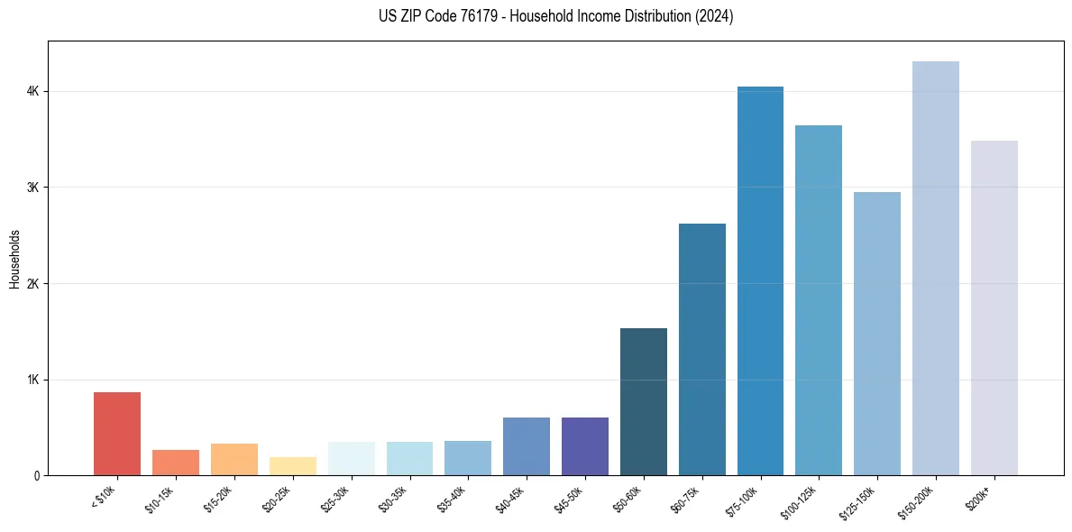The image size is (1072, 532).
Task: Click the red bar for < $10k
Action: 117,434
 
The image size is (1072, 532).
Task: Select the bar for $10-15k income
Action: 176,463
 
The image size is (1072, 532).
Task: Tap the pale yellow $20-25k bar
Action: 292,466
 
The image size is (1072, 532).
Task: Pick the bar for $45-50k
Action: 585,446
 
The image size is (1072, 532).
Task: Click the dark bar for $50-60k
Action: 644,402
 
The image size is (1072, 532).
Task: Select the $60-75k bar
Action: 701,350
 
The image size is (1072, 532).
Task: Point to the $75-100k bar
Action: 760,281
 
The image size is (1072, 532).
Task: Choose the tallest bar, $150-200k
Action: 936,269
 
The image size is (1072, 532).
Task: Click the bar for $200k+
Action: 994,308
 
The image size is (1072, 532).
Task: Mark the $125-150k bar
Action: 877,334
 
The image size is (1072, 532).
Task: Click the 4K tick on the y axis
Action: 32,92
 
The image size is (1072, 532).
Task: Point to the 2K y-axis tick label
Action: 32,284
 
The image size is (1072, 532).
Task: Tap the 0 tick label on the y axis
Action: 37,476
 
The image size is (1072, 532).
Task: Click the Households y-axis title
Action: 15,259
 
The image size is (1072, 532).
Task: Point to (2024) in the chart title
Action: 711,16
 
